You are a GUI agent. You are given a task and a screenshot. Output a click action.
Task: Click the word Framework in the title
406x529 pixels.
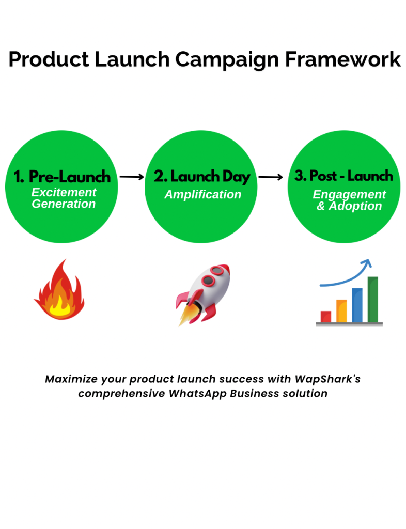[343, 59]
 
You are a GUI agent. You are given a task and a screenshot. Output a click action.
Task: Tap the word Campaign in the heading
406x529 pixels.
[227, 60]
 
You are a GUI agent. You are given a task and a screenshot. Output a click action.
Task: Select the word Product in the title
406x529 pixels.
[49, 59]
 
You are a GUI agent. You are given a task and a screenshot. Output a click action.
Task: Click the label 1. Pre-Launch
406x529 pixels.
[62, 177]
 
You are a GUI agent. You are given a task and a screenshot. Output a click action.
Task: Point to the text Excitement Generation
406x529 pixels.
[64, 198]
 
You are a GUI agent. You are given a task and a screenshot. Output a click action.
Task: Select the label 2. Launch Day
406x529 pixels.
[202, 177]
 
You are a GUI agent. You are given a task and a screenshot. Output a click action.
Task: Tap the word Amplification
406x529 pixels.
[202, 195]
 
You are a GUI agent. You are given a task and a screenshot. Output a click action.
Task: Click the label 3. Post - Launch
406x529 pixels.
[343, 176]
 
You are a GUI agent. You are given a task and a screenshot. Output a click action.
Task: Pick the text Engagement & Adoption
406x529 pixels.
[349, 200]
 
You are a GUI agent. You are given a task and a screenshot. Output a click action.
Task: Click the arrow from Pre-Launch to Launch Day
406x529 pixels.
[132, 177]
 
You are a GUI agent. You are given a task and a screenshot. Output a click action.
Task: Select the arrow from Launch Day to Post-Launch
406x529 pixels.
[271, 177]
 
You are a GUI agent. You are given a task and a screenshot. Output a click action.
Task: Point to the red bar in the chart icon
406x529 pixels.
[326, 317]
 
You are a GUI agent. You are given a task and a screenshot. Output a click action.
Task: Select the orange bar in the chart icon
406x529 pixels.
[341, 311]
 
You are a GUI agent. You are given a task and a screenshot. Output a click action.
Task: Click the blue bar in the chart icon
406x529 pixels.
[357, 305]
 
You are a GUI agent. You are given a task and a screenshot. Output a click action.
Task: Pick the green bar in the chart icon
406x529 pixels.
[372, 300]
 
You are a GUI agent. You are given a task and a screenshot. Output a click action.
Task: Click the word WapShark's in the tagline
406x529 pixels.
[327, 379]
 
